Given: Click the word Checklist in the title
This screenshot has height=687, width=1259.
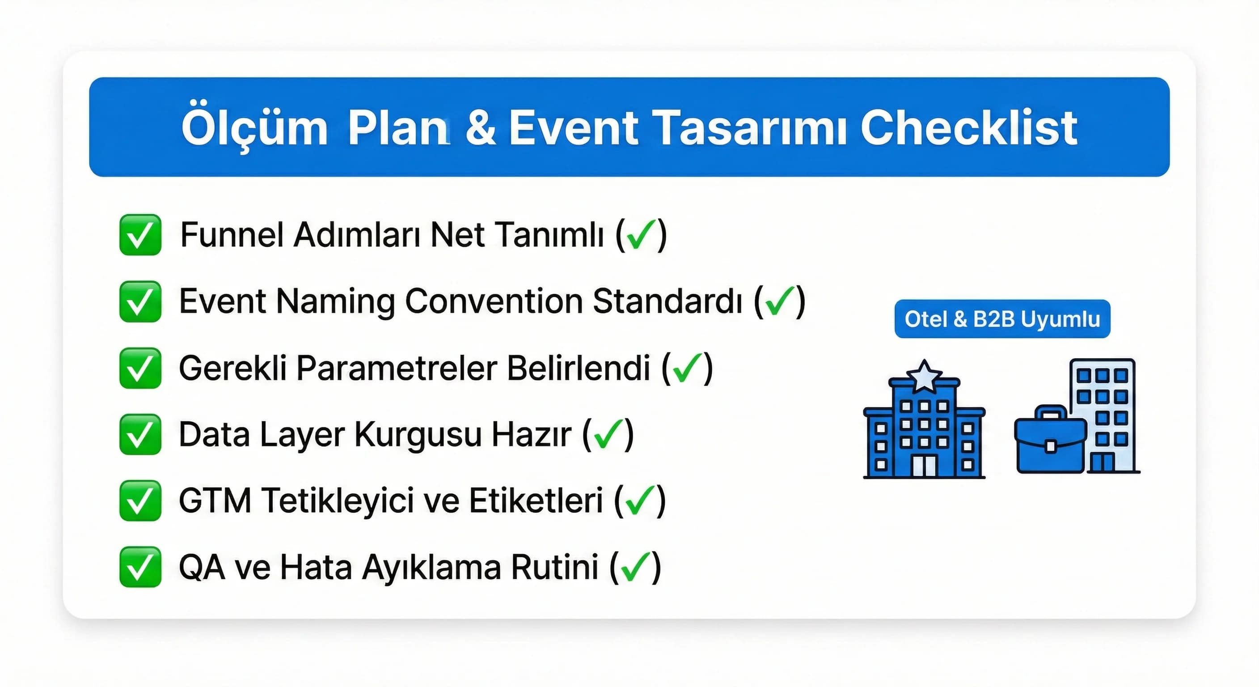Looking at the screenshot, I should click(969, 128).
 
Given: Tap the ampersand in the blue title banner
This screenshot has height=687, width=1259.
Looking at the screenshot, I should click(481, 128).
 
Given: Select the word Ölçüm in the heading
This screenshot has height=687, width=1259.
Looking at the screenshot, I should click(254, 128).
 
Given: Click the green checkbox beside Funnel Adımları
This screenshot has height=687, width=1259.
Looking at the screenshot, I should click(140, 235).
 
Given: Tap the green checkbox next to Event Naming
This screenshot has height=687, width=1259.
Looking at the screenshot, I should click(140, 301).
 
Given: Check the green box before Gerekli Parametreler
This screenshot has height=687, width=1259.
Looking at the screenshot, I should click(140, 368).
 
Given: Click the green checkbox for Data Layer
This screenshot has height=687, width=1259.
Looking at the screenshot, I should click(140, 434).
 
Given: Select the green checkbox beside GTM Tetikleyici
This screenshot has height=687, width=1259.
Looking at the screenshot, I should click(140, 500).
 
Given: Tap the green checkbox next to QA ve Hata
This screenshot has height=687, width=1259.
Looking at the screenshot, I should click(140, 567).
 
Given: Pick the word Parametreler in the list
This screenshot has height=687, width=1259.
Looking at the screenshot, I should click(397, 368).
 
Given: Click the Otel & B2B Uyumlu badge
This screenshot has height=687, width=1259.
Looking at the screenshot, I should click(1002, 319).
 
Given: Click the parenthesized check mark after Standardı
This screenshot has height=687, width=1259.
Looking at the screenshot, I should click(779, 301).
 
